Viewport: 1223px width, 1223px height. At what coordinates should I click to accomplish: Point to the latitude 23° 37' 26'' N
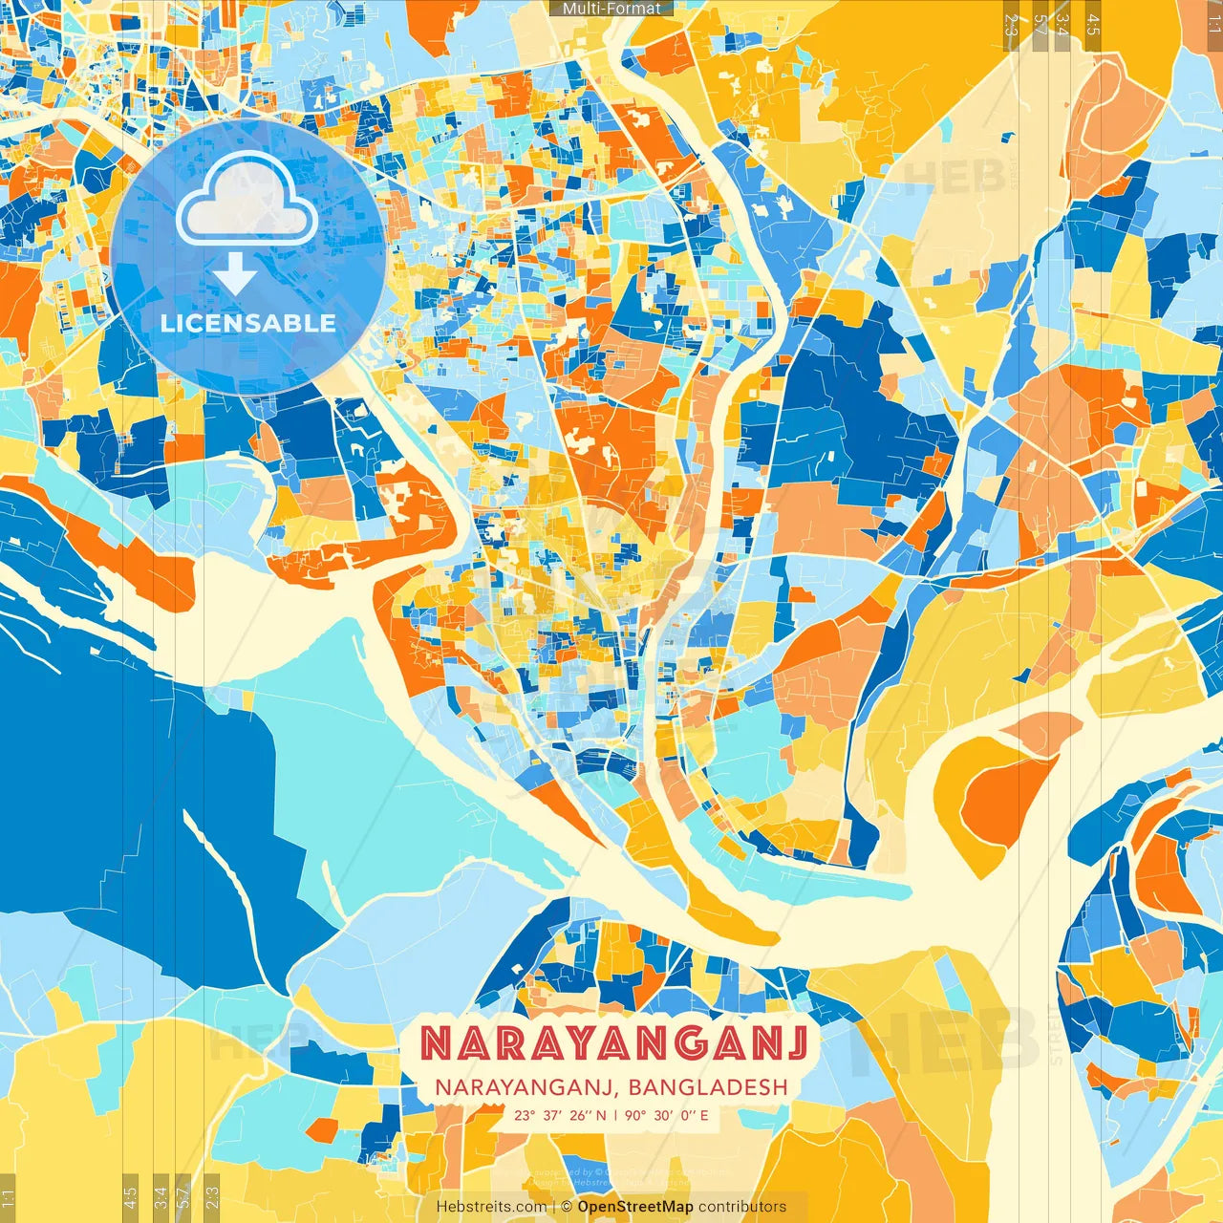click(559, 1115)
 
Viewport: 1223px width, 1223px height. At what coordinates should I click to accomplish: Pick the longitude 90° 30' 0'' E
click(668, 1115)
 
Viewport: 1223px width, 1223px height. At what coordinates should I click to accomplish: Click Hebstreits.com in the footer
click(491, 1207)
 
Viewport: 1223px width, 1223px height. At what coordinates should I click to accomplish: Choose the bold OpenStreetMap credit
click(635, 1207)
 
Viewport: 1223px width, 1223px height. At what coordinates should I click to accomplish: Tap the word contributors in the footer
click(742, 1207)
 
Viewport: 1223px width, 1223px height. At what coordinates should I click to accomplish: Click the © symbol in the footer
click(566, 1207)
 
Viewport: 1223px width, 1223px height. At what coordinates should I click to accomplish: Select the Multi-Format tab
click(611, 9)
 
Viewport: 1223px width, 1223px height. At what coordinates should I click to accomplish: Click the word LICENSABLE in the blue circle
click(248, 323)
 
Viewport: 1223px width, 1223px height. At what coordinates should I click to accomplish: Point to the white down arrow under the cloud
click(235, 276)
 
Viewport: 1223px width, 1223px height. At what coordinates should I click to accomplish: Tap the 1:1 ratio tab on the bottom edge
click(8, 1197)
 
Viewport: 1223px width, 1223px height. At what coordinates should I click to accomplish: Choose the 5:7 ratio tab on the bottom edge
click(183, 1197)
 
